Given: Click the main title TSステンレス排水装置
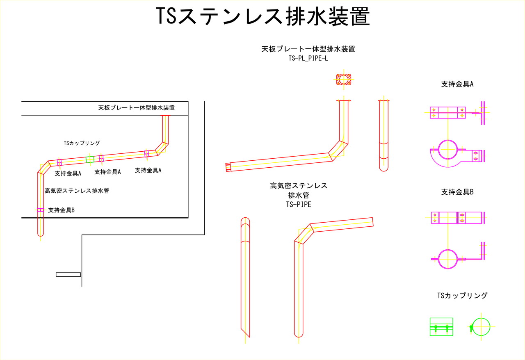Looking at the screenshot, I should (x=263, y=17).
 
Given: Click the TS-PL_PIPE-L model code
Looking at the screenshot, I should (x=308, y=59).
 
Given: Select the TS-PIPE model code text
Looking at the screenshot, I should (x=298, y=204).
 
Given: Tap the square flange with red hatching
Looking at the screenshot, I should (x=344, y=79).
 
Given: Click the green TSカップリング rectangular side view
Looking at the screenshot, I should (x=441, y=327).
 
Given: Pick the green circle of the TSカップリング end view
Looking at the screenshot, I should (x=481, y=327).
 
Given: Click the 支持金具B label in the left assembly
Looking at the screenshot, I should (x=61, y=210).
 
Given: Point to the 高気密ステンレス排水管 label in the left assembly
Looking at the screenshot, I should (x=77, y=191).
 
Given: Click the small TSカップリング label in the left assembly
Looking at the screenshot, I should (x=82, y=143).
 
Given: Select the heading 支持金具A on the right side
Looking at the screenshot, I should (x=457, y=84).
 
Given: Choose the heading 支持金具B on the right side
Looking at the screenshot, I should (x=457, y=191).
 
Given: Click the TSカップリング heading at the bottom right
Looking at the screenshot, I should (x=462, y=295).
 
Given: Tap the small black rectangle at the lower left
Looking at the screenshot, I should (x=68, y=274).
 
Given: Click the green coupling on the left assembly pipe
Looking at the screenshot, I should (x=90, y=159).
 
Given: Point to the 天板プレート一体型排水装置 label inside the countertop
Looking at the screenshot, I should (x=136, y=108).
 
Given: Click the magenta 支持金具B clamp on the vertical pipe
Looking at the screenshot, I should (x=40, y=210).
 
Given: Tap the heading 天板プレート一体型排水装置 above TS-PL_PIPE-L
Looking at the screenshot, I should (x=308, y=49).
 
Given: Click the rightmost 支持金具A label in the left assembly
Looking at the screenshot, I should (x=148, y=170).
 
